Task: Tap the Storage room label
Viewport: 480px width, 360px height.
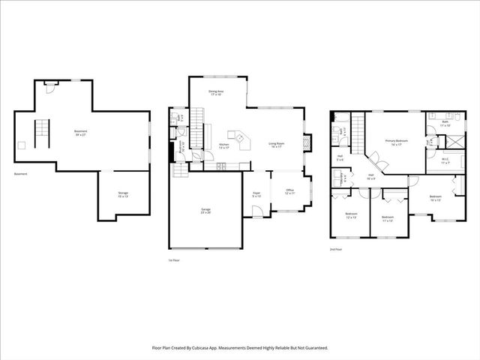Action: coord(122,194)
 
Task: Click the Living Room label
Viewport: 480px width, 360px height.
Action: coord(277,145)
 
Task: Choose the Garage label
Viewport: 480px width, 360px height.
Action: coord(205,211)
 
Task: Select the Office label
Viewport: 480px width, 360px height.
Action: coord(289,191)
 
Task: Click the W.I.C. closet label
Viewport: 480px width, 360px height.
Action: coord(445,160)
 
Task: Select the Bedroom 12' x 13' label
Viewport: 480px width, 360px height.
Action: coord(352,215)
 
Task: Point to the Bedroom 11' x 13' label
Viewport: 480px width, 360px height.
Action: coord(388,220)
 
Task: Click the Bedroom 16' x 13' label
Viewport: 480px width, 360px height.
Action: coord(435,199)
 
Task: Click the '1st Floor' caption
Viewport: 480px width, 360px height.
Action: coord(173,259)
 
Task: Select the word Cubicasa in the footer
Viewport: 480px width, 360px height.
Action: coord(214,348)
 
